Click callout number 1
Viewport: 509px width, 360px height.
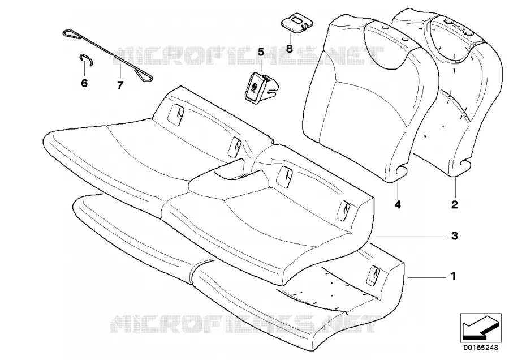(454, 276)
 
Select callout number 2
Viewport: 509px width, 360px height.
(455, 204)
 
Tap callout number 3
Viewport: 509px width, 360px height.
(455, 236)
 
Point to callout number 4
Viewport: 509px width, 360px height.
(398, 204)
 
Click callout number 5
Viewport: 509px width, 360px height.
(261, 52)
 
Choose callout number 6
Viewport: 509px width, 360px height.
(84, 83)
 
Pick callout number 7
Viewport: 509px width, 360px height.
(120, 85)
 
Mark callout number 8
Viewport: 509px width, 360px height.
(289, 49)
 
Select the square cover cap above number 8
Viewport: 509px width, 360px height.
(297, 23)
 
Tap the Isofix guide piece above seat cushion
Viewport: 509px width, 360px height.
(261, 88)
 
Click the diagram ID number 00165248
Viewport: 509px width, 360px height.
(480, 348)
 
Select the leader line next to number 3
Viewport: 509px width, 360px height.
(408, 237)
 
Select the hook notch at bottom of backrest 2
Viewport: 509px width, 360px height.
(465, 166)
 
